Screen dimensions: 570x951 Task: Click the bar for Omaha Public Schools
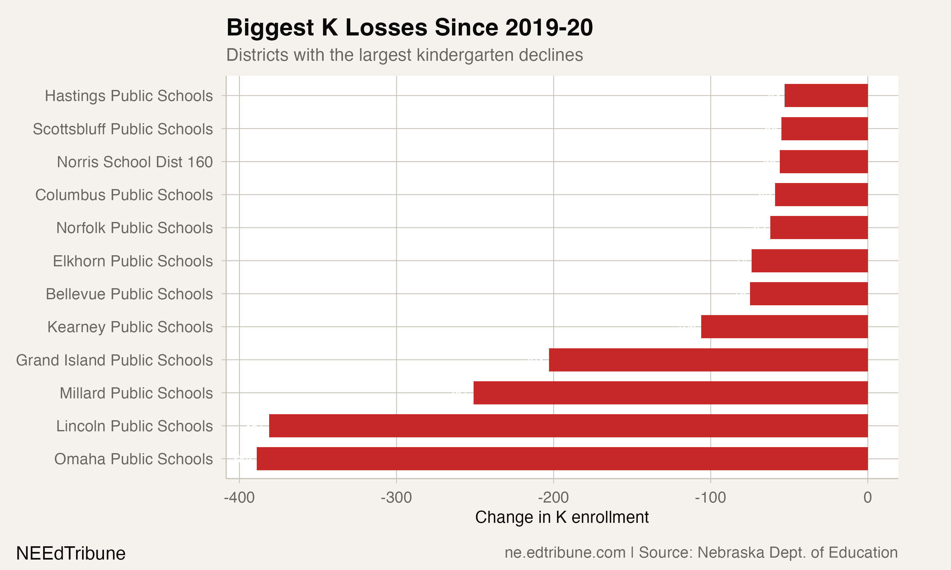click(562, 459)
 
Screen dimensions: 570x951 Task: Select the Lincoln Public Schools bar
click(568, 426)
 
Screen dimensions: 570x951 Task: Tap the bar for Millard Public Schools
click(670, 393)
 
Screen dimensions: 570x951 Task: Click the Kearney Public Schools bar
click(784, 327)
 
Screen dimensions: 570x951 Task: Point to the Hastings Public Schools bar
click(826, 96)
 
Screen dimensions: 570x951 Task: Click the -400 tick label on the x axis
click(239, 498)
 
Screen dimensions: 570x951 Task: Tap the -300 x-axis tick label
click(396, 498)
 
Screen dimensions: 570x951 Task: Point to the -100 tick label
click(710, 498)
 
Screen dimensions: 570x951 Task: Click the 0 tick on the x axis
click(868, 498)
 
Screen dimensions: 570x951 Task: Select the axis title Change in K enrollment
click(562, 517)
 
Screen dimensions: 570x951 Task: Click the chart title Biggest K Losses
click(409, 28)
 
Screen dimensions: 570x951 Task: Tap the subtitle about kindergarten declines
click(404, 55)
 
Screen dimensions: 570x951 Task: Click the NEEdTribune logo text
click(71, 554)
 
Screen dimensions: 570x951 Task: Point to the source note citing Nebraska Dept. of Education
click(701, 553)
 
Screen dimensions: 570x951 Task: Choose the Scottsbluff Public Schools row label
click(123, 129)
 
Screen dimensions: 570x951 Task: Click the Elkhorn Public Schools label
click(133, 261)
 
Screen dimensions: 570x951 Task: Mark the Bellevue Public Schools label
click(129, 294)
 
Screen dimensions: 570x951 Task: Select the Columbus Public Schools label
click(124, 195)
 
